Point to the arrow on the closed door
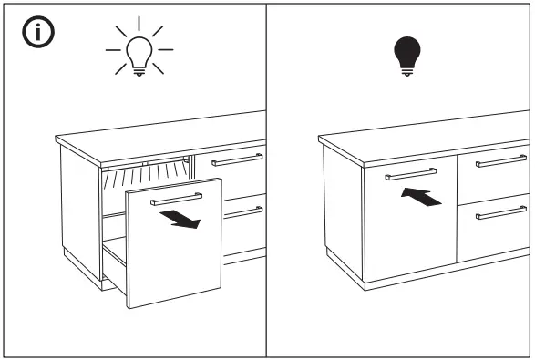tap(421, 195)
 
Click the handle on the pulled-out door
tap(176, 197)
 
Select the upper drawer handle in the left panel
tap(237, 160)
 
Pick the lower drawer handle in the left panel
tap(243, 211)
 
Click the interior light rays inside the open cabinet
tap(146, 171)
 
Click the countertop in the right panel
tap(419, 132)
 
